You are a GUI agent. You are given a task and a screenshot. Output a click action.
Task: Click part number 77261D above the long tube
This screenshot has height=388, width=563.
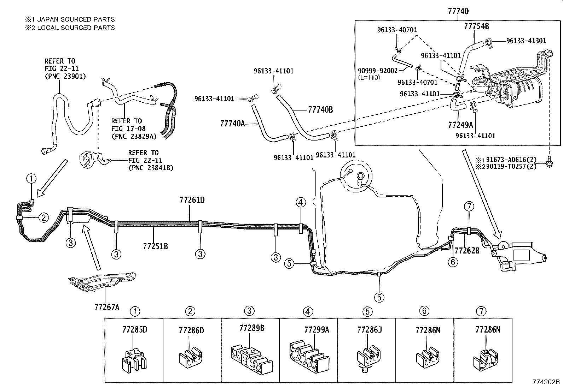[192, 200]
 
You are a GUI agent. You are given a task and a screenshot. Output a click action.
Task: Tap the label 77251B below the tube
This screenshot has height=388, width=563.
[156, 246]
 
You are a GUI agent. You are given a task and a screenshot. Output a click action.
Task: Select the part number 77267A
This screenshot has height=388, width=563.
[107, 307]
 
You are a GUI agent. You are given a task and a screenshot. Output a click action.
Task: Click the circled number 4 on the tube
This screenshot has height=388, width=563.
[301, 203]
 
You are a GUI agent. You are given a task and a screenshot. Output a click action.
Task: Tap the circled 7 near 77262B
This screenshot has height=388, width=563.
[469, 207]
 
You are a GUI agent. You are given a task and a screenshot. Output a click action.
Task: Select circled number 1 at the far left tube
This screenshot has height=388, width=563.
[31, 179]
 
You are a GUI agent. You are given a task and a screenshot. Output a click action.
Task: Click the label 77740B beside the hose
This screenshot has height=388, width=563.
[320, 110]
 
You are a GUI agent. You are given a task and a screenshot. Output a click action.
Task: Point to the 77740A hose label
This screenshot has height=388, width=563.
[232, 123]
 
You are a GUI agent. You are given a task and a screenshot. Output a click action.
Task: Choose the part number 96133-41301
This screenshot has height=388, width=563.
[526, 41]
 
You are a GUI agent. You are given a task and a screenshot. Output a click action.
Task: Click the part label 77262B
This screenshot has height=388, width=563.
[467, 250]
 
